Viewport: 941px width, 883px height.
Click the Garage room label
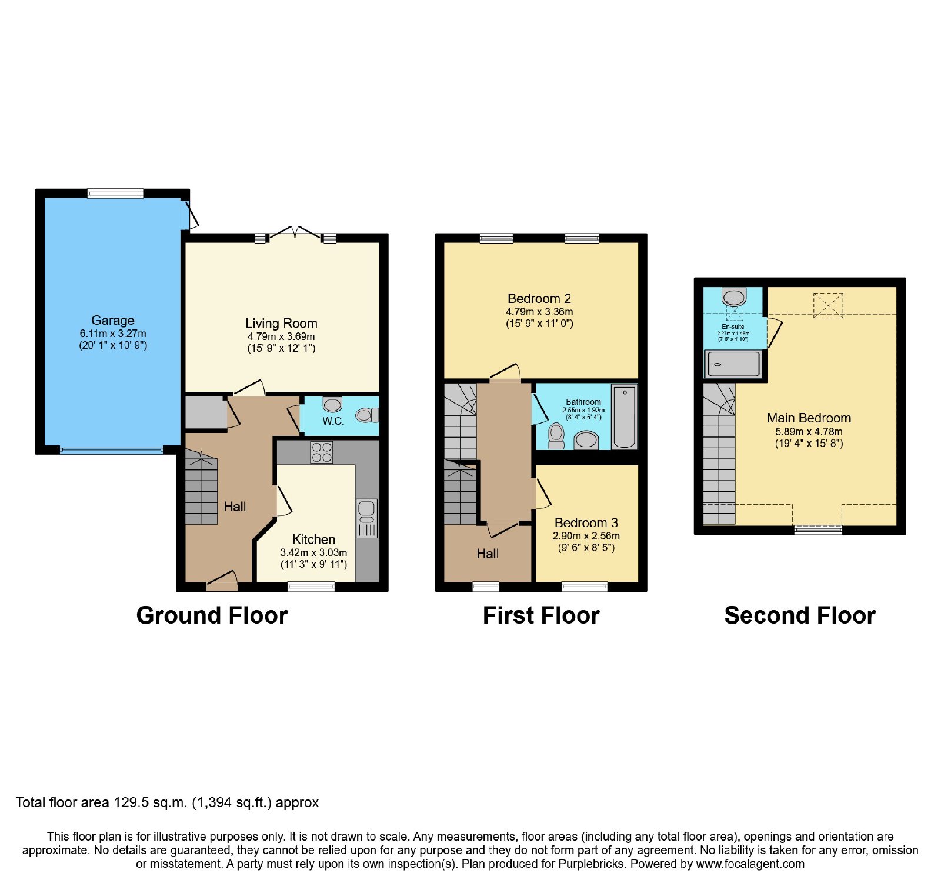click(113, 321)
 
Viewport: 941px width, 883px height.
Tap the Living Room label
click(281, 324)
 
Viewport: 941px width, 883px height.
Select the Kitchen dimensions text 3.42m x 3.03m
click(313, 552)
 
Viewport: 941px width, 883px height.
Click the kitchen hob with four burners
click(322, 452)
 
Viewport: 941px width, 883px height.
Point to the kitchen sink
click(366, 518)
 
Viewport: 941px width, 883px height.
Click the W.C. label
click(333, 421)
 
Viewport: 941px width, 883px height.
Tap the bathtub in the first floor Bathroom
click(624, 416)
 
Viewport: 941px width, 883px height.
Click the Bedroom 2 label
click(539, 299)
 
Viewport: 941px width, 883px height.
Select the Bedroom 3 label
click(586, 522)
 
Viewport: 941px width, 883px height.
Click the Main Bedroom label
click(809, 418)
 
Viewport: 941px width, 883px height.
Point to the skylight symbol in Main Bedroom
click(828, 305)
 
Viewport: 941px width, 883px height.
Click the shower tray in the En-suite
click(733, 364)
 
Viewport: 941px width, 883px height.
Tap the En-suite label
click(733, 326)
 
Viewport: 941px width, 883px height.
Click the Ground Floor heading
click(212, 616)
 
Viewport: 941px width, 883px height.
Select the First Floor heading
click(541, 616)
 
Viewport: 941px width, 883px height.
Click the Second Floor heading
click(800, 616)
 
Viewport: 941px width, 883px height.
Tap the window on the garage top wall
click(115, 193)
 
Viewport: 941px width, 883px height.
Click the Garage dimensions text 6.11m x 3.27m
click(113, 334)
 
